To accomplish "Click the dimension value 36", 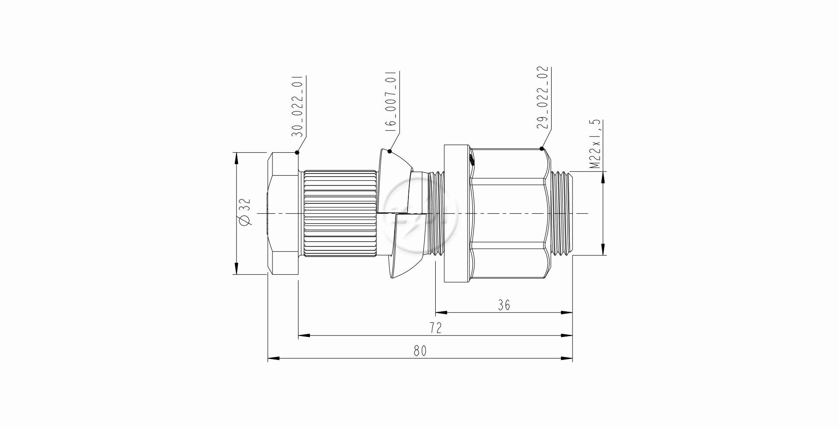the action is tap(504, 305).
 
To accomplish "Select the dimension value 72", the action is tap(435, 328).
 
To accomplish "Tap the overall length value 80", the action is tap(420, 351).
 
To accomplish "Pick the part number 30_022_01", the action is tap(297, 106).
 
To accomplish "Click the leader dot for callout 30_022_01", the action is tap(297, 152).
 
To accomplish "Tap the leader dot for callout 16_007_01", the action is tap(390, 151).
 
